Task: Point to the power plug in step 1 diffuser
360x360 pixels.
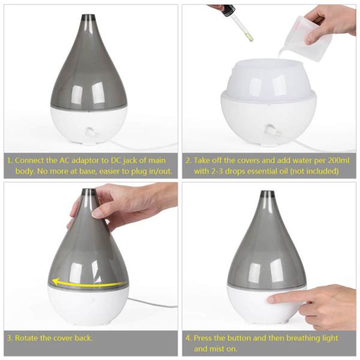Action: [92, 133]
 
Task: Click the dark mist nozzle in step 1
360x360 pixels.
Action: [89, 18]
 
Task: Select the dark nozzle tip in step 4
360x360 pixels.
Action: [267, 194]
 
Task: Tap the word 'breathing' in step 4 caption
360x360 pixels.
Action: [303, 338]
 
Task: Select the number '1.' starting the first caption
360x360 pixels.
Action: [10, 160]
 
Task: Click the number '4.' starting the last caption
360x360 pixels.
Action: [188, 338]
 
